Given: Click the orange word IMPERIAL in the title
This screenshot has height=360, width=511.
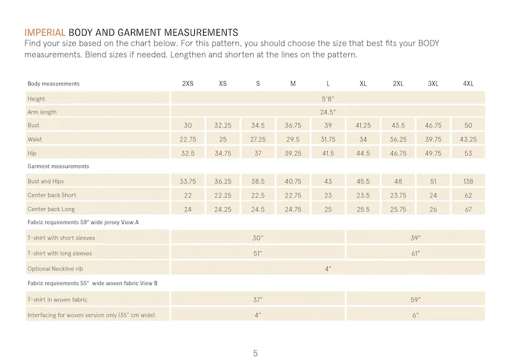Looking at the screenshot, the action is click(45, 33).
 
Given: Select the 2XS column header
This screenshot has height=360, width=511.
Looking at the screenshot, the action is click(188, 84).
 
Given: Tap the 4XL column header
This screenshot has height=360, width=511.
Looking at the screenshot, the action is click(468, 84).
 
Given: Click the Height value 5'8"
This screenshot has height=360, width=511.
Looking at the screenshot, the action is click(328, 99).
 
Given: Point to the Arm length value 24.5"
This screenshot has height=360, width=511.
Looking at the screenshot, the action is click(328, 112).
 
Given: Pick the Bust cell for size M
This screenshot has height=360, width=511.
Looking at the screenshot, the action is click(293, 126).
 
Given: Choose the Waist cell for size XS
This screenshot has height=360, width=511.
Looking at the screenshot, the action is click(223, 139).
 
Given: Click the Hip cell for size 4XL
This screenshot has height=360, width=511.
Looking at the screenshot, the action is click(468, 153).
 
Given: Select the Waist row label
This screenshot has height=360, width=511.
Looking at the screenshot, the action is click(34, 139).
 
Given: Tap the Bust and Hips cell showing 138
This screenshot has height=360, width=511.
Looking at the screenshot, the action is click(468, 181).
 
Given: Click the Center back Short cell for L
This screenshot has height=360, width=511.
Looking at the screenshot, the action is click(328, 195).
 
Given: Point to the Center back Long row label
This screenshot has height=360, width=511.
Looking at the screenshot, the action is click(51, 209).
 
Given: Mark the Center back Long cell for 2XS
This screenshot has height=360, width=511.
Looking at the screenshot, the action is click(188, 209).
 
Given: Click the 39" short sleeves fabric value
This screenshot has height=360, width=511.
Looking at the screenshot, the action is click(415, 238).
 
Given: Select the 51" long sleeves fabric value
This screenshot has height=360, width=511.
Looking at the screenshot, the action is click(257, 253).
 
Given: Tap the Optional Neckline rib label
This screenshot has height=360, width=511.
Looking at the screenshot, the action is click(55, 269).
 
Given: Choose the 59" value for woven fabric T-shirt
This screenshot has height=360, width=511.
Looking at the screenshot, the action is click(415, 300).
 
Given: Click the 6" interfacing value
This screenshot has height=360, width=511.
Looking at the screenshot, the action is click(415, 315).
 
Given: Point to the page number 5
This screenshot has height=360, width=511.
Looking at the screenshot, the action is click(255, 353).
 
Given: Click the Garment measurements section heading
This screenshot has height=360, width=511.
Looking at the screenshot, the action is click(58, 166).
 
